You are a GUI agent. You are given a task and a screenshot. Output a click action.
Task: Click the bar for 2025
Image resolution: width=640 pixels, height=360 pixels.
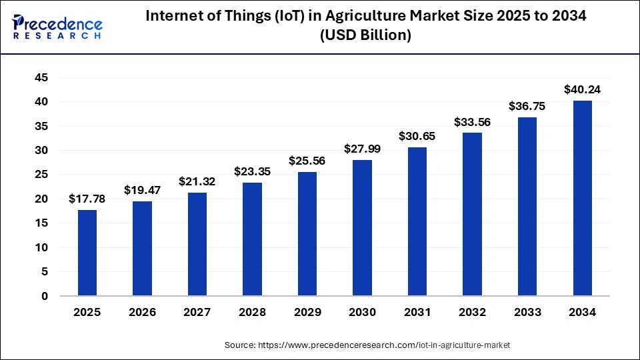pyautogui.click(x=87, y=253)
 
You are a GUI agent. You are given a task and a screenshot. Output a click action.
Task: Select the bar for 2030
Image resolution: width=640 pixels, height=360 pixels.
pyautogui.click(x=362, y=227)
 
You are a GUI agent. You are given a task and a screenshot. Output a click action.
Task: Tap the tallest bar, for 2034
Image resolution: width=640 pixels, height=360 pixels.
pyautogui.click(x=582, y=198)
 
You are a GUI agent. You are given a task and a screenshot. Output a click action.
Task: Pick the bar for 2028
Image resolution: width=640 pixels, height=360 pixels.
pyautogui.click(x=252, y=239)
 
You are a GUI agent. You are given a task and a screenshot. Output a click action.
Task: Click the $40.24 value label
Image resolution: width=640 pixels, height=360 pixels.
pyautogui.click(x=582, y=89)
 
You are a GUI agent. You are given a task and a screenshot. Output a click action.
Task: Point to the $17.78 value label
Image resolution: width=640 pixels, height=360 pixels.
pyautogui.click(x=87, y=199)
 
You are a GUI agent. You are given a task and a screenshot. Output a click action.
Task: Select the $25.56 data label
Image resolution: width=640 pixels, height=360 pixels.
pyautogui.click(x=307, y=161)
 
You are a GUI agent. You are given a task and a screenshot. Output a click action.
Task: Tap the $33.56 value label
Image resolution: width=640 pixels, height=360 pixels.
pyautogui.click(x=472, y=122)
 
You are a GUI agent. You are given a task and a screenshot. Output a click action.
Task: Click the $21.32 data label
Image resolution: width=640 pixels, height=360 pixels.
pyautogui.click(x=197, y=181)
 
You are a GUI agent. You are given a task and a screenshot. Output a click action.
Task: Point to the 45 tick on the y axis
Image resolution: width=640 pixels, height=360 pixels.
pyautogui.click(x=41, y=78)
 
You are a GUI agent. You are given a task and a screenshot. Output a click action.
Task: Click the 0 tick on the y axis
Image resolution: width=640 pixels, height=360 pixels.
pyautogui.click(x=45, y=296)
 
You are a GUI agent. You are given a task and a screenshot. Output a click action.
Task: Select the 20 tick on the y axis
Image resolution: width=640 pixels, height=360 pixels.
pyautogui.click(x=41, y=199)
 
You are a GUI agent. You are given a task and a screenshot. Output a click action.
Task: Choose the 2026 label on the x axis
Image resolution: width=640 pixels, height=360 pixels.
pyautogui.click(x=142, y=312)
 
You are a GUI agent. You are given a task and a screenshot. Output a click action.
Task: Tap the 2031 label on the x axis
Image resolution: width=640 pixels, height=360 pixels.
pyautogui.click(x=417, y=312)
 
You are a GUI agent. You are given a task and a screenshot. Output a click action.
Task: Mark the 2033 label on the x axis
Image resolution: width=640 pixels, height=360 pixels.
pyautogui.click(x=527, y=312)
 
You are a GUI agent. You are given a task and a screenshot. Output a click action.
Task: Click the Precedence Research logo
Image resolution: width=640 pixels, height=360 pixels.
pyautogui.click(x=57, y=27)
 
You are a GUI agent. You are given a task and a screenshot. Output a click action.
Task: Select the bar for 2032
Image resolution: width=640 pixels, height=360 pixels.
pyautogui.click(x=472, y=214)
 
